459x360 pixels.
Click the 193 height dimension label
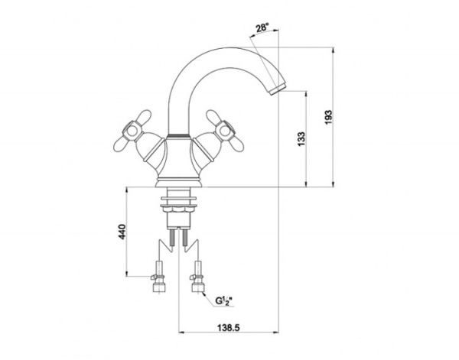pos(328,117)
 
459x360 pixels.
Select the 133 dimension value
pos(301,139)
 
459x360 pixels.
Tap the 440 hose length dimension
pos(122,232)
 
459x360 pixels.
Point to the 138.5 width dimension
pos(228,328)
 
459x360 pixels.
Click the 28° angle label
pos(262,28)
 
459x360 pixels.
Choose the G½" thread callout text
pos(223,300)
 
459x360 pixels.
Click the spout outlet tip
pos(278,89)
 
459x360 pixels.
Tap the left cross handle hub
pos(132,131)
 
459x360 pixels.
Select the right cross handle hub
pos(225,131)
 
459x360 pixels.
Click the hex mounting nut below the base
pos(178,209)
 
